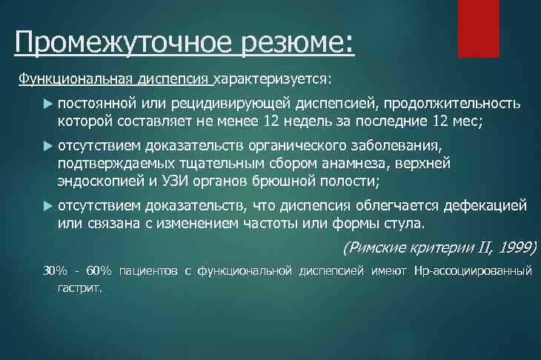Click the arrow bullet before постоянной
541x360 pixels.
pos(47,103)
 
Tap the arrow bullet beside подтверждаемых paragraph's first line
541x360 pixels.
pos(47,144)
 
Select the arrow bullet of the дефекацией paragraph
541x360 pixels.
pos(47,204)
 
